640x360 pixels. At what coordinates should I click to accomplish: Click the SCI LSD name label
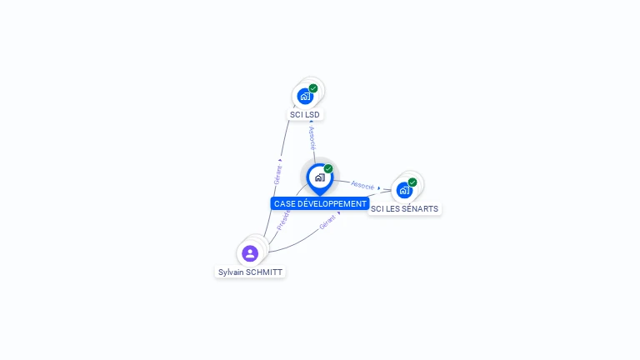[305, 114]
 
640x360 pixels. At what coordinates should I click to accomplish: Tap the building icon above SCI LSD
[305, 96]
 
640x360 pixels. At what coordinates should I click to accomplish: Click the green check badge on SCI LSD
[313, 88]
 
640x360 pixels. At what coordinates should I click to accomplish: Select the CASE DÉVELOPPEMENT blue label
[320, 203]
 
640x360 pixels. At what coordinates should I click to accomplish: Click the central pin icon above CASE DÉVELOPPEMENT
[319, 177]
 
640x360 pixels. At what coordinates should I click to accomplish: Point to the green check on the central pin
[328, 169]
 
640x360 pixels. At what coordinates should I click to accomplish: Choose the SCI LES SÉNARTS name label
[404, 208]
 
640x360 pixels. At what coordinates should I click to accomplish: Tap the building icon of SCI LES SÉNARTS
[404, 190]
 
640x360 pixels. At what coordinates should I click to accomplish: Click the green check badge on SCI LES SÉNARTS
[412, 182]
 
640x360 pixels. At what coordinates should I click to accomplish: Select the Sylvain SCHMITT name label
[250, 272]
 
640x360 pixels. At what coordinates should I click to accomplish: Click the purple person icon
[250, 253]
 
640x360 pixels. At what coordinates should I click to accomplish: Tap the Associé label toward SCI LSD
[312, 137]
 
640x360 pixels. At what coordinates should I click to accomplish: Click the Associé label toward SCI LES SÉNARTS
[362, 185]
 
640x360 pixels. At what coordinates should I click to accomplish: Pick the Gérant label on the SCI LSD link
[278, 174]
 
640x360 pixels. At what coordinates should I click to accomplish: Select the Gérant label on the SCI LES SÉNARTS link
[327, 222]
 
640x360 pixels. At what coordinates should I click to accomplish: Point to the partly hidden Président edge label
[282, 219]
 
